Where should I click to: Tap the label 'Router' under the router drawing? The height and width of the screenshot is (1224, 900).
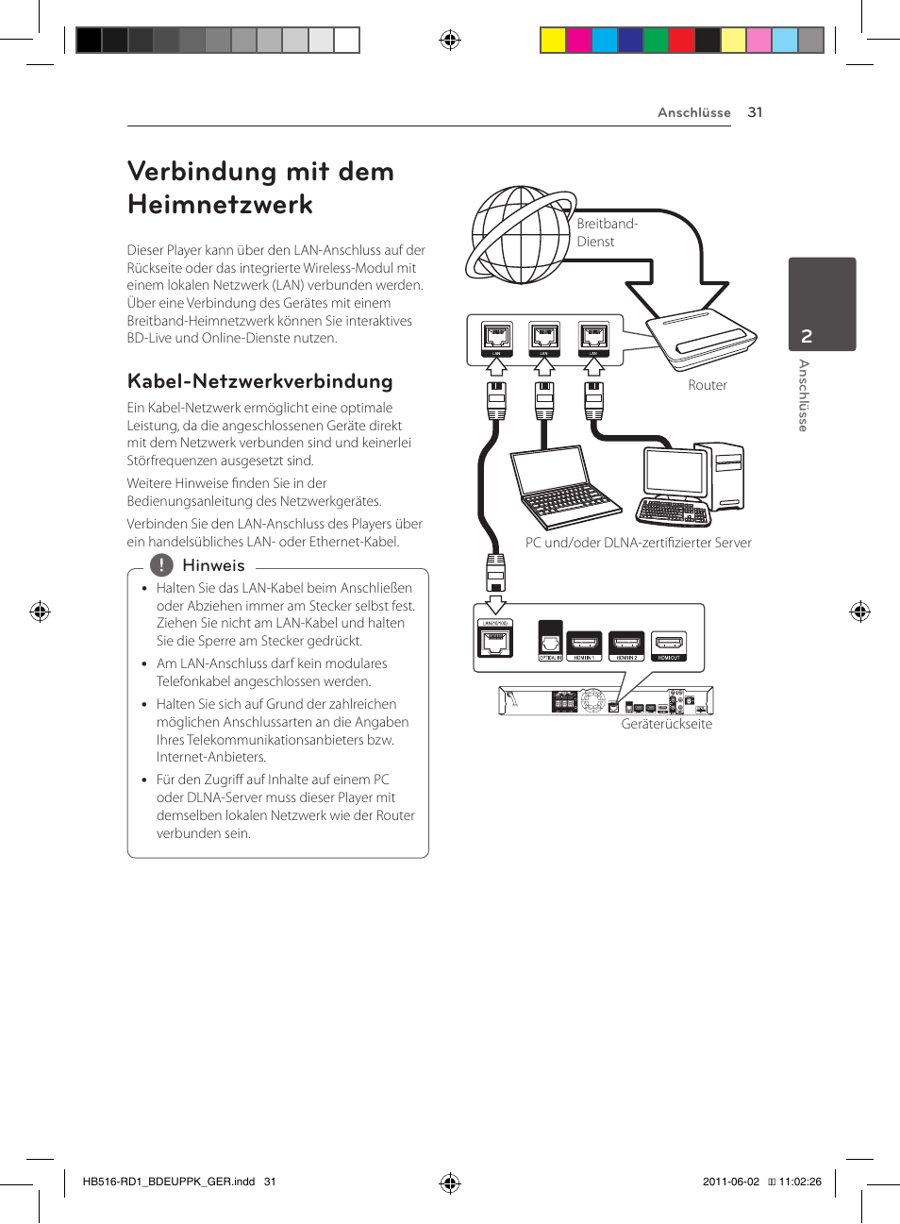click(x=708, y=385)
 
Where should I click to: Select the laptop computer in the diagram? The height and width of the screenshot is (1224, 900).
click(x=565, y=488)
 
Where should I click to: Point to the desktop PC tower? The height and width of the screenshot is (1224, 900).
click(x=727, y=476)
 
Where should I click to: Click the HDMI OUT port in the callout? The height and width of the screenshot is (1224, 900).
click(x=669, y=645)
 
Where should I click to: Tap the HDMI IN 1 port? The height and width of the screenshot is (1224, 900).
click(x=583, y=645)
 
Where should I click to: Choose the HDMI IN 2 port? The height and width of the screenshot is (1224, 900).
click(x=626, y=645)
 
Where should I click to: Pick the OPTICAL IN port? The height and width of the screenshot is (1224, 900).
click(x=550, y=642)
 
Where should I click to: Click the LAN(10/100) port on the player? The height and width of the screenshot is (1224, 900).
click(x=495, y=641)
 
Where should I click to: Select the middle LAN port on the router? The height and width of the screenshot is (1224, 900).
click(x=544, y=337)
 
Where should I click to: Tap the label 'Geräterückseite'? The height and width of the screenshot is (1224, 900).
click(x=666, y=724)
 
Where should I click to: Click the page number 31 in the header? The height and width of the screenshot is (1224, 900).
click(x=755, y=112)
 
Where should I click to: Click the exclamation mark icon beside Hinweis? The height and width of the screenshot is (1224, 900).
click(x=161, y=565)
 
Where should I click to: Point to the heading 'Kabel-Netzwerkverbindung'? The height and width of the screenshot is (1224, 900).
click(x=259, y=381)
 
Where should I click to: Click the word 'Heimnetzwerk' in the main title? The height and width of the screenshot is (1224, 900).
click(x=220, y=205)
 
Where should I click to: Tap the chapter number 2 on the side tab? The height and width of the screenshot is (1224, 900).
click(x=807, y=336)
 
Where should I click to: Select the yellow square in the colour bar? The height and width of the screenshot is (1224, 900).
click(x=553, y=40)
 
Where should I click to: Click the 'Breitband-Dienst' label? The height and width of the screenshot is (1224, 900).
click(x=607, y=232)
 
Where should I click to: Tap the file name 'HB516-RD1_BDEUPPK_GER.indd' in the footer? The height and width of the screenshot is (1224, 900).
click(x=169, y=1182)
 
